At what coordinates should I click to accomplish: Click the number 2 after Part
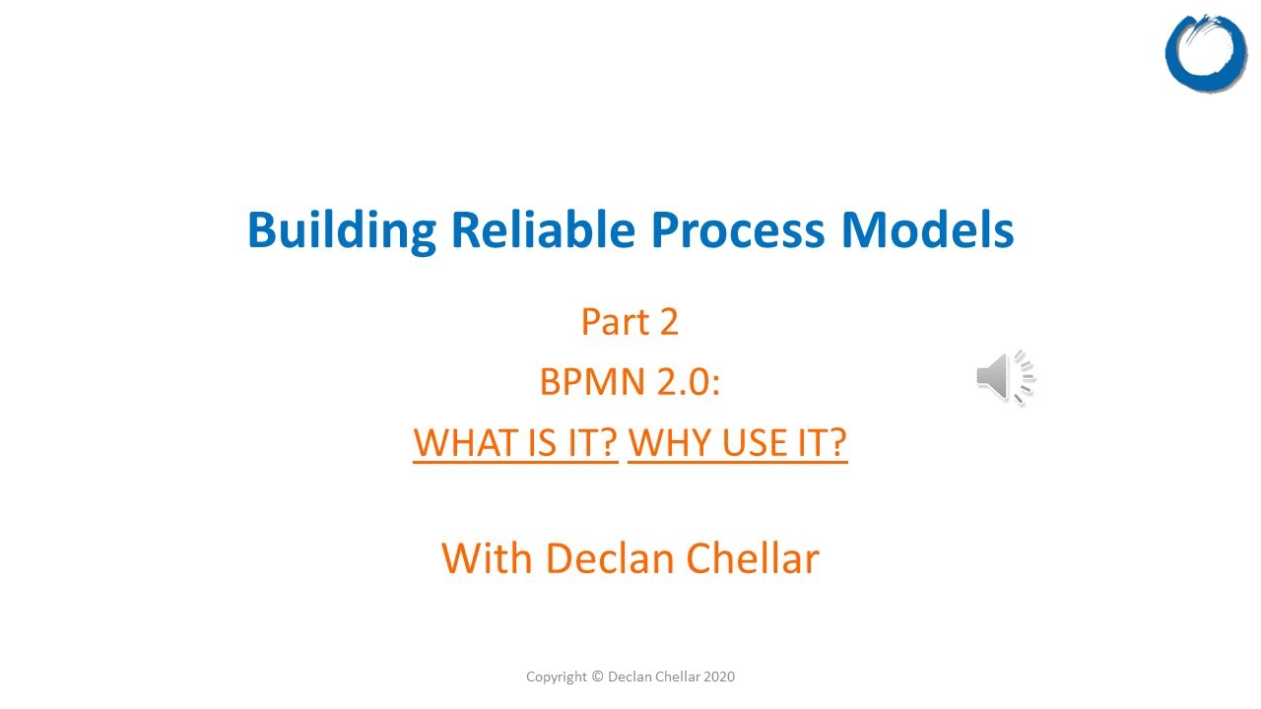[x=668, y=322]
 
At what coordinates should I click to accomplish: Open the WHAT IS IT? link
[x=515, y=443]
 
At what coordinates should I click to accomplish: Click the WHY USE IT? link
[x=737, y=443]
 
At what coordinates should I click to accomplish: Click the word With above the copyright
[x=488, y=558]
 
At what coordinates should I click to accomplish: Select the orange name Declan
[x=595, y=558]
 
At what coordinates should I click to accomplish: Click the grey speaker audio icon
[x=1004, y=377]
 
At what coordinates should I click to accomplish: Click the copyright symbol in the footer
[x=597, y=677]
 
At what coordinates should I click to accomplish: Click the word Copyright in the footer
[x=557, y=677]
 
